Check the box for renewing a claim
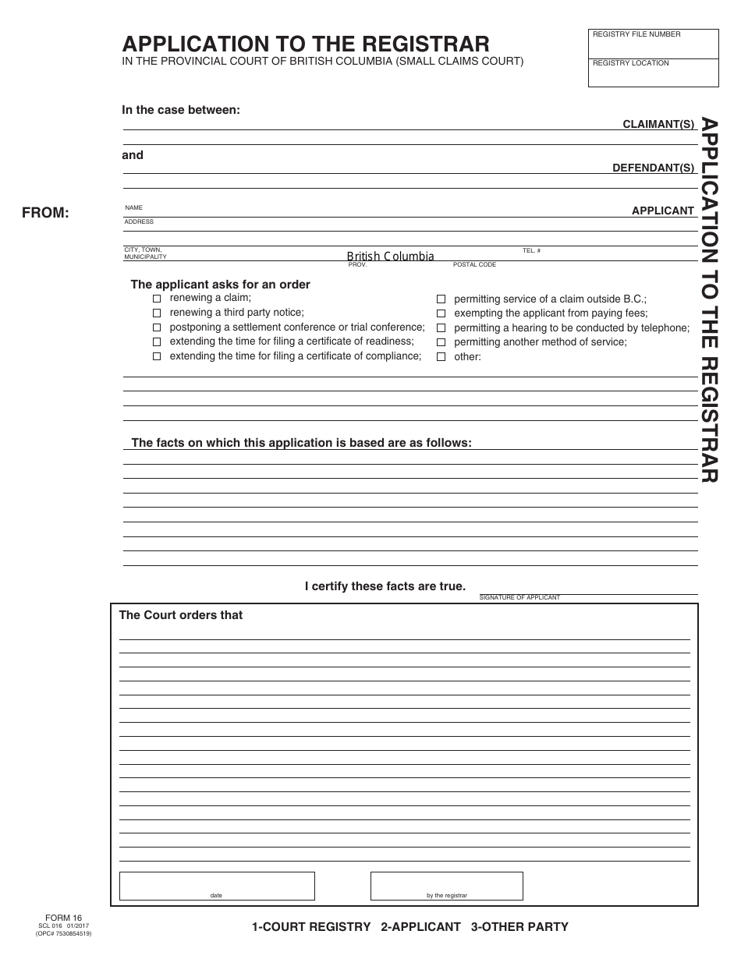click(157, 299)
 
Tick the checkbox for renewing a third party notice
click(157, 313)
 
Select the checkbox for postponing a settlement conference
click(157, 327)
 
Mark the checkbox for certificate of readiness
click(157, 341)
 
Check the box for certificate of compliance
click(157, 356)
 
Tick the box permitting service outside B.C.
click(441, 299)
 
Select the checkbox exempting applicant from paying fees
click(441, 313)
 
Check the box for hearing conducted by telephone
click(441, 328)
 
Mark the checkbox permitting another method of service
click(441, 342)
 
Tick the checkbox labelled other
click(441, 357)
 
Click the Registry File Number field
click(654, 45)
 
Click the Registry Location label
click(630, 63)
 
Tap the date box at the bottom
click(217, 886)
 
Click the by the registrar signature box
click(446, 886)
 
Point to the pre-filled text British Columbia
click(390, 257)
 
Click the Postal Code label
click(474, 265)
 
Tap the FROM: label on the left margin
click(45, 213)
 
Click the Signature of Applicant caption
click(519, 597)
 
